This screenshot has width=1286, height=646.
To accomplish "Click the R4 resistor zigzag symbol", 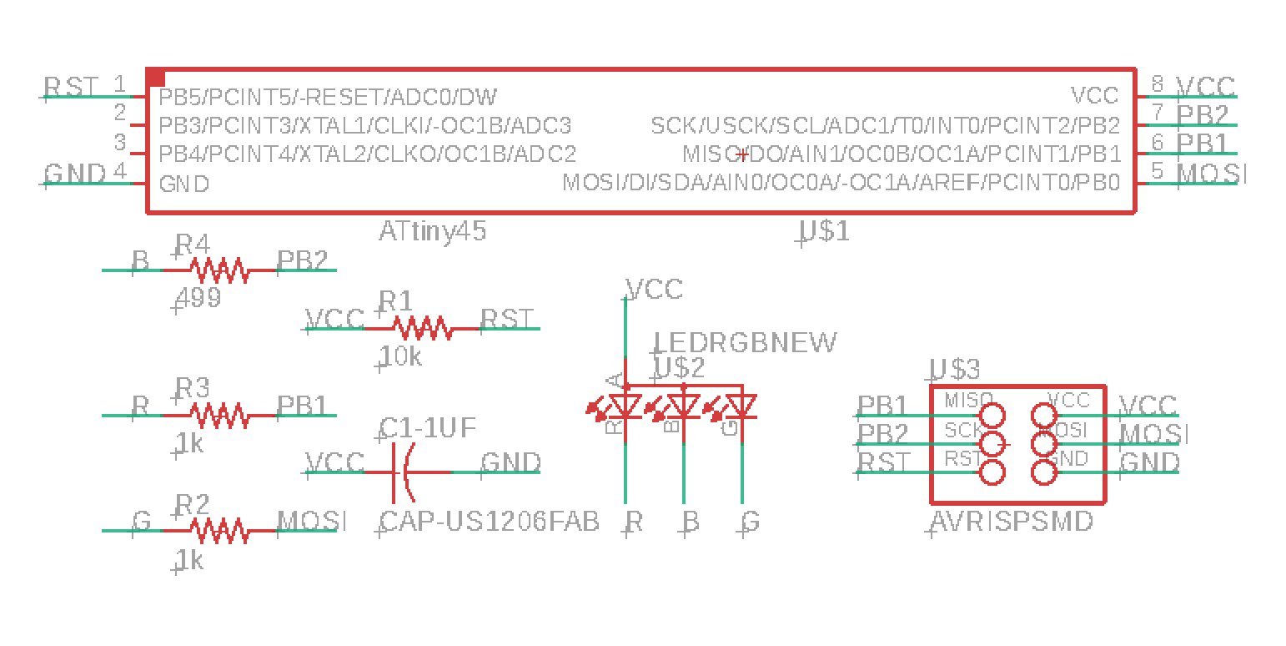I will pyautogui.click(x=219, y=270).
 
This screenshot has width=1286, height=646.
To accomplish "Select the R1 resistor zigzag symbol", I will pyautogui.click(x=423, y=328).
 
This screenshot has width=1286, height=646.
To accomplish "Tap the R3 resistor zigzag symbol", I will pyautogui.click(x=219, y=415).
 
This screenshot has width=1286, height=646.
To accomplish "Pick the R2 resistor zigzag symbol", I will pyautogui.click(x=219, y=531).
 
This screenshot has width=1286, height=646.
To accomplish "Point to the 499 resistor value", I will pyautogui.click(x=198, y=297).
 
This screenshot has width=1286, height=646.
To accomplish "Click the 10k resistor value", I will pyautogui.click(x=401, y=356).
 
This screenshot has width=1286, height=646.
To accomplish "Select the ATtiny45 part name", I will pyautogui.click(x=432, y=231).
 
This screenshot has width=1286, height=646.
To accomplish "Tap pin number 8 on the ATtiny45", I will pyautogui.click(x=1158, y=83).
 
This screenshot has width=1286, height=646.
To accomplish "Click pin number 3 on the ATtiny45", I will pyautogui.click(x=120, y=141).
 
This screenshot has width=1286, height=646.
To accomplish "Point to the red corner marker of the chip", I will pyautogui.click(x=156, y=78).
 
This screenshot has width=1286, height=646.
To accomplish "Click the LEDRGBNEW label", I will pyautogui.click(x=745, y=342).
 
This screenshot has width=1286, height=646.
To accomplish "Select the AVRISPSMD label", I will pyautogui.click(x=1012, y=522).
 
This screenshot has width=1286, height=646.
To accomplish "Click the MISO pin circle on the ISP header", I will pyautogui.click(x=992, y=415).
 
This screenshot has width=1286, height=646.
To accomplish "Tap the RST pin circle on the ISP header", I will pyautogui.click(x=992, y=472).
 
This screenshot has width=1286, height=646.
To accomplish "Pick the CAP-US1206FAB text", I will pyautogui.click(x=490, y=522).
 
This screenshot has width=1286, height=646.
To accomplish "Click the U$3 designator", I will pyautogui.click(x=955, y=369).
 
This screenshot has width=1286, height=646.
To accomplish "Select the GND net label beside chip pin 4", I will pyautogui.click(x=75, y=174).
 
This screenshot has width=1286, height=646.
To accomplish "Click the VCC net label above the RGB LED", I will pyautogui.click(x=654, y=290).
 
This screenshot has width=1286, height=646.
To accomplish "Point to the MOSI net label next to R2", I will pyautogui.click(x=312, y=522).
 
